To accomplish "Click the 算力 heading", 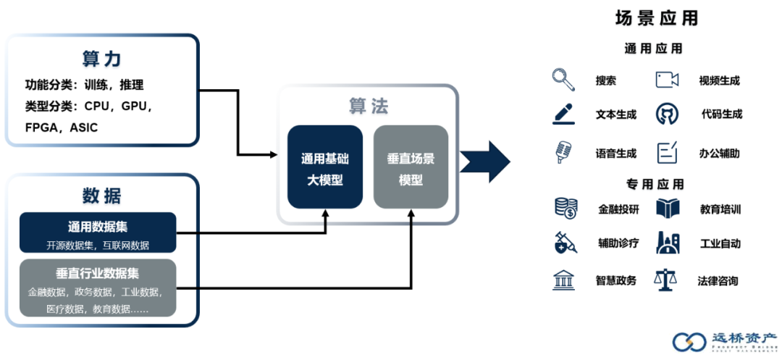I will click(101, 59).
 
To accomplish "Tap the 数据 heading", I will click(101, 196).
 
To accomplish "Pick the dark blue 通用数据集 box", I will click(98, 233).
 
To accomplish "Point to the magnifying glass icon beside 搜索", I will click(563, 79).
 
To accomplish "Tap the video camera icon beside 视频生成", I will click(667, 80).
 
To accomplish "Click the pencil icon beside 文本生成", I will click(563, 114).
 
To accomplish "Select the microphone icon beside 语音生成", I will click(563, 152).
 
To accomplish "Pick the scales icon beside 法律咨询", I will click(666, 280).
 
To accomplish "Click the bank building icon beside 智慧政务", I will click(563, 280).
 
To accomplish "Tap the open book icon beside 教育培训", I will click(667, 209).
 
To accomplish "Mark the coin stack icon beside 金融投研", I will click(565, 209).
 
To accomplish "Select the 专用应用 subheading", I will click(654, 184).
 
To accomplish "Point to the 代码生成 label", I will click(721, 114).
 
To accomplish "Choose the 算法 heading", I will click(369, 107).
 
